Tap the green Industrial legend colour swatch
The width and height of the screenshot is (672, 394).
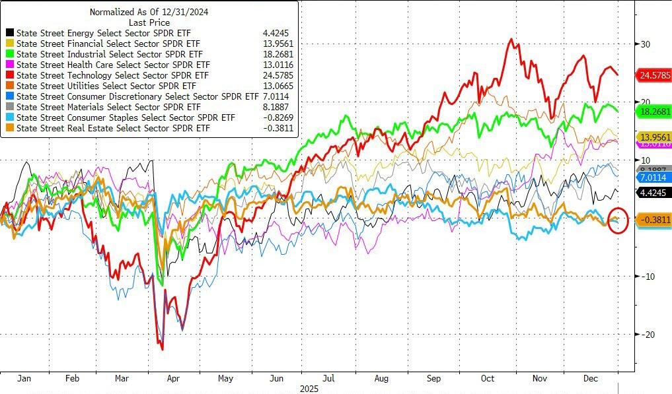[10, 54]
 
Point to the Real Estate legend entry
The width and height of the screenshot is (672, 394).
[112, 128]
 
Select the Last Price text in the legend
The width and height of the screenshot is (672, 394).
[150, 22]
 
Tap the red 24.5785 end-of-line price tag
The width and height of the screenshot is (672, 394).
[653, 75]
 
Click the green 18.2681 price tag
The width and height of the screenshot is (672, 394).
[653, 112]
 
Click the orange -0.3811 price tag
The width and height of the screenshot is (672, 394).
[653, 220]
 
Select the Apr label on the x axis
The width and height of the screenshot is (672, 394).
[172, 379]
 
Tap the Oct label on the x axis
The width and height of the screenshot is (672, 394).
[487, 379]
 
